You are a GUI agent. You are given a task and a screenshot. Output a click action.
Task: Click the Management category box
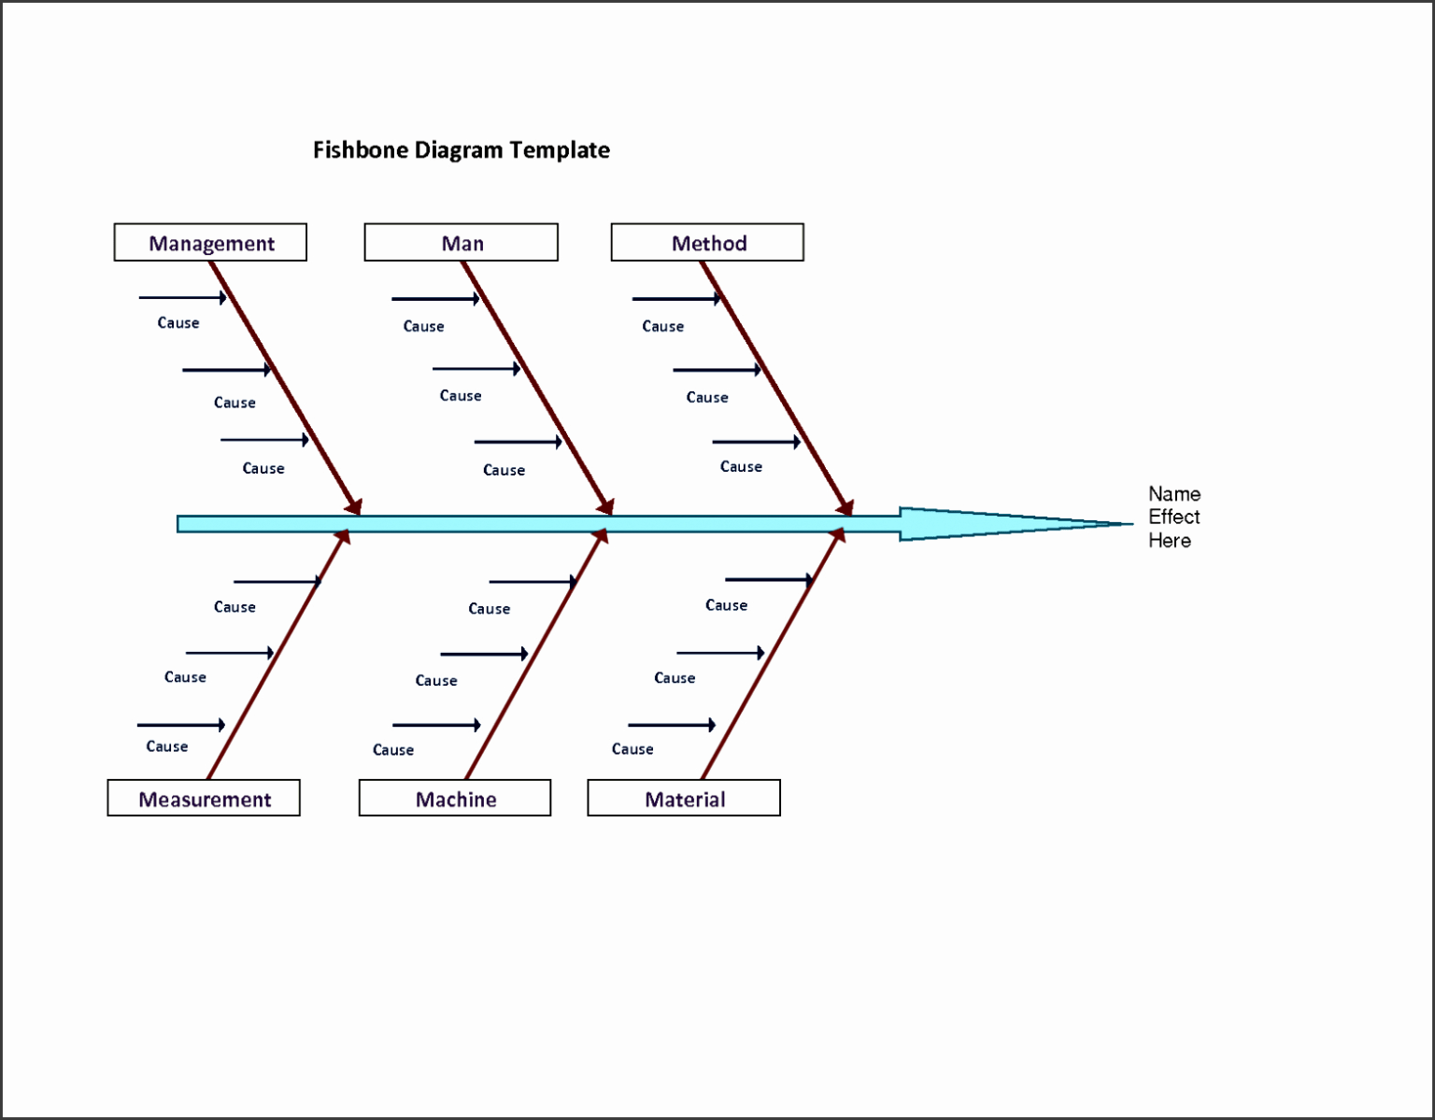coord(210,243)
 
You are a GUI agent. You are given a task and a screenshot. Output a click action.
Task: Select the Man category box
coord(462,243)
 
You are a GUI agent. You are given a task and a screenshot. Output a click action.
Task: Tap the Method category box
coord(708,243)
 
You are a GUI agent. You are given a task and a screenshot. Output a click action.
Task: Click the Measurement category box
coord(204,799)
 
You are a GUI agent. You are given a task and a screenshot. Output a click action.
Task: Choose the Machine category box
coord(455,799)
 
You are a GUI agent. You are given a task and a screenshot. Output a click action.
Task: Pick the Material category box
coord(684,799)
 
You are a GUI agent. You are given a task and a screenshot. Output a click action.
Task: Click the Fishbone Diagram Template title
coord(461,150)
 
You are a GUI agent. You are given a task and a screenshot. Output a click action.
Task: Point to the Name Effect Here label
coord(1173,517)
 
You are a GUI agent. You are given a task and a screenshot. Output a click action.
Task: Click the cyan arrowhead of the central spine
coord(1009,524)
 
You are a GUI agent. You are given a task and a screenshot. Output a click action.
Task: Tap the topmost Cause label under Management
coord(178,323)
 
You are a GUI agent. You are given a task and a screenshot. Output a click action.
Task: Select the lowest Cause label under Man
coord(504,471)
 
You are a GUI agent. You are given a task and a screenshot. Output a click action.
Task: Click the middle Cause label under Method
coord(707,398)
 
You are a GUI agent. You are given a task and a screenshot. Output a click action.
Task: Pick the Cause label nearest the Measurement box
coord(167,747)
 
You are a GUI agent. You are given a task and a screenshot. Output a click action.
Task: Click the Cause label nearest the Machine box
coord(393,750)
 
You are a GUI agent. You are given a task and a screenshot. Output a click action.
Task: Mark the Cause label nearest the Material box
coord(632,749)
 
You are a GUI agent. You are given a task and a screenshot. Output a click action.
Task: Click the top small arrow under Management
coord(183,298)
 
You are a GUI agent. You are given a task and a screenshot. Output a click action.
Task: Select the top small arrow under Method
coord(677,299)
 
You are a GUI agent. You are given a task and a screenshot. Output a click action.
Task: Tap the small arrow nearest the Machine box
coord(436,725)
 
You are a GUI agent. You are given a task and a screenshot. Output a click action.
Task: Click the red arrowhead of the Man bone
coord(605,506)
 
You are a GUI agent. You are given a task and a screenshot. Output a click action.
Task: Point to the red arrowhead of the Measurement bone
coord(343,536)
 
